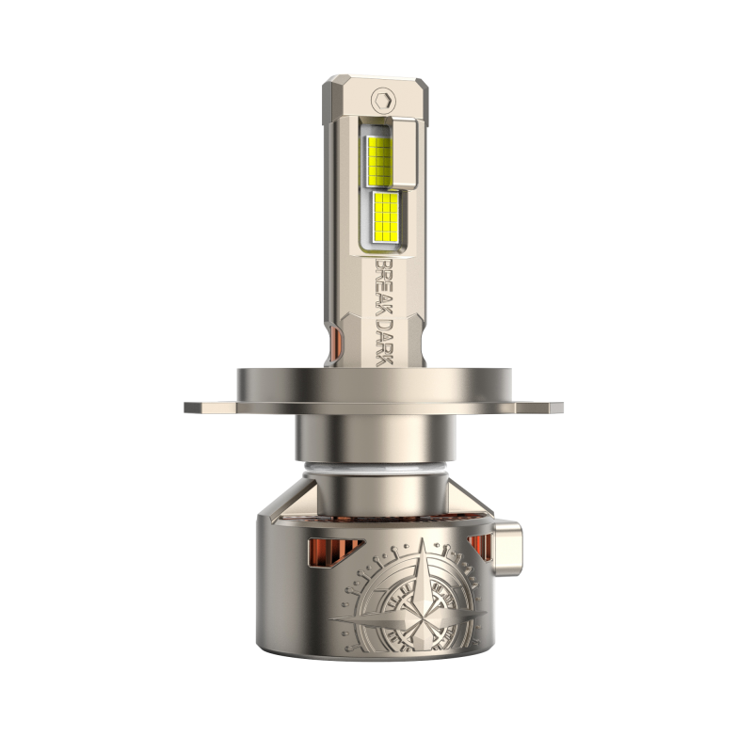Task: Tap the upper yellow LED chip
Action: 380,161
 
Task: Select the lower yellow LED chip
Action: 387,216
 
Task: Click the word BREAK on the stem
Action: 383,287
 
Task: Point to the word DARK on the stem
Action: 384,341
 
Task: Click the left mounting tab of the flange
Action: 210,408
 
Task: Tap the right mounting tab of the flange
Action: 538,408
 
